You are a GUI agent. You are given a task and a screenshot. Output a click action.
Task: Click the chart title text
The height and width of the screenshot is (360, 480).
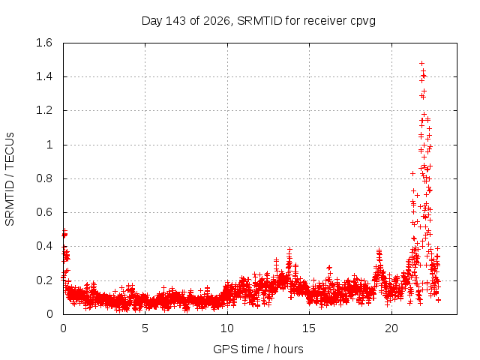coord(259,21)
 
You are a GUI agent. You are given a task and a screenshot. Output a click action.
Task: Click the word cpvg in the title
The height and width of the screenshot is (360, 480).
coord(363,22)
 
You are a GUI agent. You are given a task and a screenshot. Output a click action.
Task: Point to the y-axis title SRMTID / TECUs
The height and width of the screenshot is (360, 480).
coord(10,179)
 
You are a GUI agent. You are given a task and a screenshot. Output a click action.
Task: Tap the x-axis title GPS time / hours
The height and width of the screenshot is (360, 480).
coord(258,349)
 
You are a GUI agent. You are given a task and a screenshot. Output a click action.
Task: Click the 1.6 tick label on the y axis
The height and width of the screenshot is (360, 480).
coord(44,43)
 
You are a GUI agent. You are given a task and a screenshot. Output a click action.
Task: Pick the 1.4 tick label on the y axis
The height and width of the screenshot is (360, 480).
coord(44,76)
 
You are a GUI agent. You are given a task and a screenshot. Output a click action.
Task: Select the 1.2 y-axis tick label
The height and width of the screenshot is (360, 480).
coord(44,110)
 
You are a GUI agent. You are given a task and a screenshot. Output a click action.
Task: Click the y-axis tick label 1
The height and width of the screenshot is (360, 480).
coord(49,145)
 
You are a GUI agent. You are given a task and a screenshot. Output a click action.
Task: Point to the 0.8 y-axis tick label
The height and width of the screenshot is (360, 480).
coord(44,178)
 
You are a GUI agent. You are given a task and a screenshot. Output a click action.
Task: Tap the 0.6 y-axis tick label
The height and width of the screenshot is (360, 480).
coord(44,212)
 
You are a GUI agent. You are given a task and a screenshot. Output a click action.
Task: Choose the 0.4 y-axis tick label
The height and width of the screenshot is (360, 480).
coord(44,246)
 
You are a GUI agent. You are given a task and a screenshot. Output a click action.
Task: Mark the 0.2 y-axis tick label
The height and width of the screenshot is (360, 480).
coord(44,280)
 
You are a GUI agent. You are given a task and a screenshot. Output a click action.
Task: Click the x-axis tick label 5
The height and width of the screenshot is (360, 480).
coord(145,328)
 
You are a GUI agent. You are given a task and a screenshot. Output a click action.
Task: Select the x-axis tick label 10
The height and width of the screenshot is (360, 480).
coord(227,328)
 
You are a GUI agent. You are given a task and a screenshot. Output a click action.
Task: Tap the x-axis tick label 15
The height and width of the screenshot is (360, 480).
coord(309,328)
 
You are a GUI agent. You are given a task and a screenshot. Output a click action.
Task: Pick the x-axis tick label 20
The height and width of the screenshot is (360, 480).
coord(391,328)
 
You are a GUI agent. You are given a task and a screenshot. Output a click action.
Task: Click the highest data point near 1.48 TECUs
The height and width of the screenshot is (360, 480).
coord(421,63)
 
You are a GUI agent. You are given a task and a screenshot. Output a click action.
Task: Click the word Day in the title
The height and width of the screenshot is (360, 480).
coord(151,21)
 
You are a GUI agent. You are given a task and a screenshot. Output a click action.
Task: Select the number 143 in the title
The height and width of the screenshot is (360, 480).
coord(175,21)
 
